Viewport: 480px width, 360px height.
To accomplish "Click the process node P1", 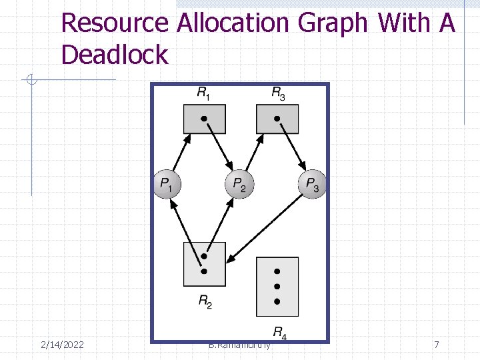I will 167,184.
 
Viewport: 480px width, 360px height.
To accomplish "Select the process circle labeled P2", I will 239,184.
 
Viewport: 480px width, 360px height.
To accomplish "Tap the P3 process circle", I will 312,184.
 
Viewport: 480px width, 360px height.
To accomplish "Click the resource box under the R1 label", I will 204,119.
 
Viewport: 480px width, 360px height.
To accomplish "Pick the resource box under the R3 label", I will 277,119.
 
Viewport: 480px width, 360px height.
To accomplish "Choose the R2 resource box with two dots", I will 204,264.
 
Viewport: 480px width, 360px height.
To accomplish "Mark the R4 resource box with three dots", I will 277,287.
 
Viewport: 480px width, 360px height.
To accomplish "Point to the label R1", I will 204,93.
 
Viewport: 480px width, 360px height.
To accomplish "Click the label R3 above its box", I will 279,93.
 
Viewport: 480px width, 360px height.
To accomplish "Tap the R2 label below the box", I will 205,301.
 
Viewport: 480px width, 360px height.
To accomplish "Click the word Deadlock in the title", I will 115,55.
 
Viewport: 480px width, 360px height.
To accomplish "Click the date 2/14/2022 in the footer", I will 62,345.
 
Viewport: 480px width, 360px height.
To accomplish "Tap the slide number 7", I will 437,345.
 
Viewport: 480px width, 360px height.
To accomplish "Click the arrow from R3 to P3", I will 292,146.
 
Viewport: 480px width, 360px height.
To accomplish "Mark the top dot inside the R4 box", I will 277,271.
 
